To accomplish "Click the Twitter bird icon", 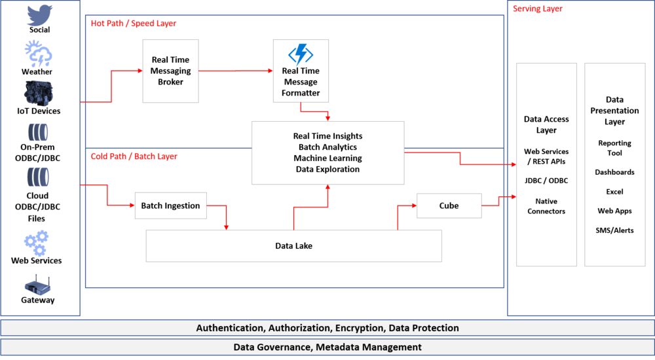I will tap(39, 16).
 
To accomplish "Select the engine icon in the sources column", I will tap(39, 92).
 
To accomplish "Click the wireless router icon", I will tap(38, 285).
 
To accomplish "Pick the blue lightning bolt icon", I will tap(301, 55).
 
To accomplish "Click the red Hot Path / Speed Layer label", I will tap(134, 24).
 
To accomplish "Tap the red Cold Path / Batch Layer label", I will tap(134, 156).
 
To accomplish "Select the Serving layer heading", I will tap(537, 9).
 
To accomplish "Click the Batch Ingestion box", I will tap(170, 206).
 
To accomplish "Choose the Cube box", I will tap(449, 206).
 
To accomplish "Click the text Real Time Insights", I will tap(327, 136).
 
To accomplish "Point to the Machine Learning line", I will tap(327, 158).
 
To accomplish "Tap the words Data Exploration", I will tap(327, 170).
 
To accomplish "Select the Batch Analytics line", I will tap(327, 147).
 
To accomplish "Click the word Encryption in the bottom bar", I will tap(360, 328).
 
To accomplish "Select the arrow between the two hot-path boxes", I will tap(236, 71).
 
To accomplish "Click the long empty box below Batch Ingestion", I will tap(293, 246).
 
